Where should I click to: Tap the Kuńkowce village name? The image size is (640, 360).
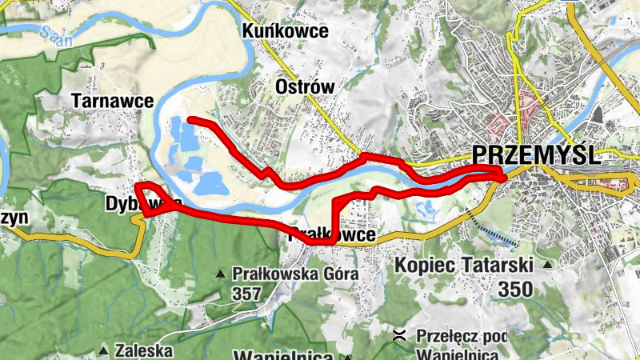[286, 31]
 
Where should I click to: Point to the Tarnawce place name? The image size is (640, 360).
[102, 101]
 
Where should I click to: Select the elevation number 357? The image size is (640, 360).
[247, 294]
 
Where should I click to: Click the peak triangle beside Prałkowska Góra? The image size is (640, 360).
[220, 274]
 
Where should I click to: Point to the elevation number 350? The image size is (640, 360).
[514, 289]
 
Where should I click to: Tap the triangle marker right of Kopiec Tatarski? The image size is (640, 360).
[547, 265]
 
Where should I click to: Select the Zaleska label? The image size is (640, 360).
[144, 350]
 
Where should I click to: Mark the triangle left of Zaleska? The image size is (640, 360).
[103, 350]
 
